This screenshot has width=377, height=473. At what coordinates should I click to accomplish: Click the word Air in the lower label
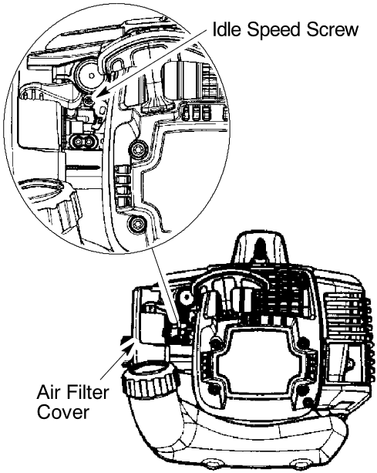tap(48, 392)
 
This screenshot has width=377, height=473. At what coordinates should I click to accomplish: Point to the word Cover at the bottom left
tap(62, 411)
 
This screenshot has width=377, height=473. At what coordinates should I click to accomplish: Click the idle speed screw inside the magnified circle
tap(89, 101)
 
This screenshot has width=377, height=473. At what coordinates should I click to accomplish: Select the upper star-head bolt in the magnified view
tap(138, 149)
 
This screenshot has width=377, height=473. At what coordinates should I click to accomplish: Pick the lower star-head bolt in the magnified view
tap(136, 224)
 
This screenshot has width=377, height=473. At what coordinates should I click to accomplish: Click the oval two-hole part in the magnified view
tap(84, 141)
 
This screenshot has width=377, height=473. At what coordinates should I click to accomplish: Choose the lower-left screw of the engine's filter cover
tap(214, 390)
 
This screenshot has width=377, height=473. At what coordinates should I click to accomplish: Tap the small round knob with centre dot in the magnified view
tap(89, 74)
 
